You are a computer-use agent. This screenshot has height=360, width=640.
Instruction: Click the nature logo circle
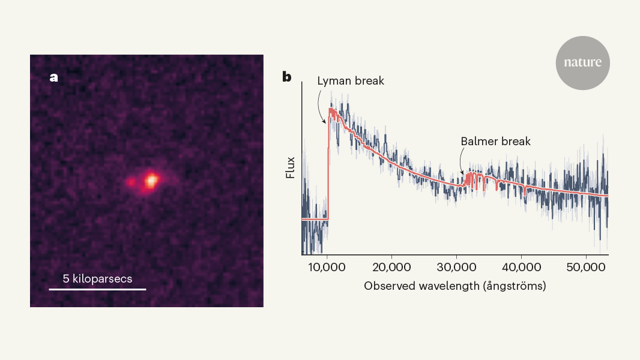(582, 63)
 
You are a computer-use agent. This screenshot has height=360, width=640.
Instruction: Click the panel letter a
(54, 77)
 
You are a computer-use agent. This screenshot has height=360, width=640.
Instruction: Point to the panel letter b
(287, 77)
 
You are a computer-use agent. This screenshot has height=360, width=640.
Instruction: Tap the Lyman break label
(350, 80)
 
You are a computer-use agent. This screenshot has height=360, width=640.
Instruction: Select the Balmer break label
(496, 142)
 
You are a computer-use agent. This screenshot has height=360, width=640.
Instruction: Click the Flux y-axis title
(289, 167)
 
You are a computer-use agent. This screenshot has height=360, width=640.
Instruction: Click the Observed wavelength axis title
(454, 286)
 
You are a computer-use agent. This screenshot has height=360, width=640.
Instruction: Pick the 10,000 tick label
(327, 267)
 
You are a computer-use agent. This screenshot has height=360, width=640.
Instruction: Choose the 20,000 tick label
(391, 267)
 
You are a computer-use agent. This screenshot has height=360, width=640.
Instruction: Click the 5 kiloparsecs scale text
(97, 279)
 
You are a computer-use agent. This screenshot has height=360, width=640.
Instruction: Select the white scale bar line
(97, 289)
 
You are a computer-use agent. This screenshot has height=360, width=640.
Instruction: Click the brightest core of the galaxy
(151, 178)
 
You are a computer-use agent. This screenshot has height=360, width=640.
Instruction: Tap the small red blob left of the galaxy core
(131, 181)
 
